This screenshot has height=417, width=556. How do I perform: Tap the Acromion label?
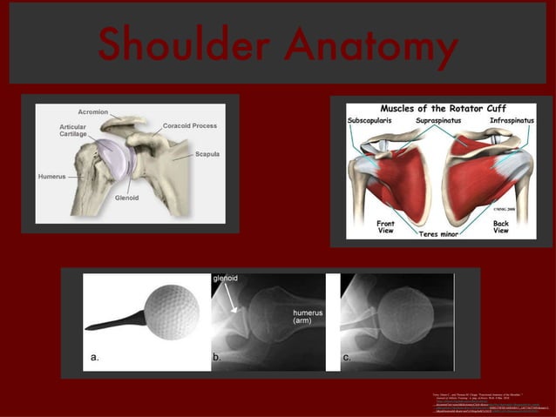93,112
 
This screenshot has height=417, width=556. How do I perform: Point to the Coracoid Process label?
189,126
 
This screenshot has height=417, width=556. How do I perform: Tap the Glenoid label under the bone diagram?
127,198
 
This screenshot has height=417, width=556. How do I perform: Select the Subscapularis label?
370,120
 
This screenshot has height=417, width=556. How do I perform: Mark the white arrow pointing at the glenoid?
229,299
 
